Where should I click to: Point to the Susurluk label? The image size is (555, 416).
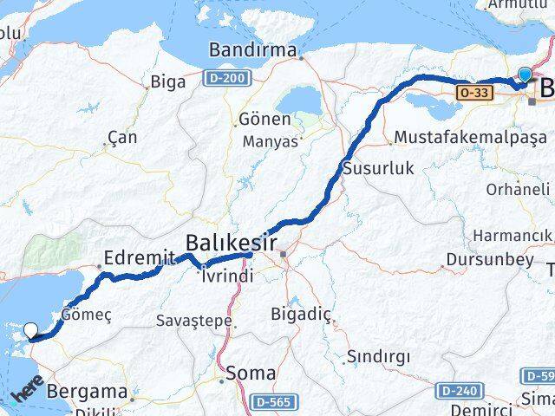tap(379, 168)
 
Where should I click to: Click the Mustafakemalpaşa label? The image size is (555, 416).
tap(470, 137)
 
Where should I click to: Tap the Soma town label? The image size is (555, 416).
tap(252, 374)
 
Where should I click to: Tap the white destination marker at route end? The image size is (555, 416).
tap(31, 329)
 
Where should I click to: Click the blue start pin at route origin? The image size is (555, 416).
tap(524, 75)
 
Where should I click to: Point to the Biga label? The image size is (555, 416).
tap(167, 82)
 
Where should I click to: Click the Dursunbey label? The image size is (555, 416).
tap(480, 258)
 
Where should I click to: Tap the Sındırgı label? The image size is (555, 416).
tap(371, 356)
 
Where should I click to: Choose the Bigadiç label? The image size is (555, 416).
tap(296, 313)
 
